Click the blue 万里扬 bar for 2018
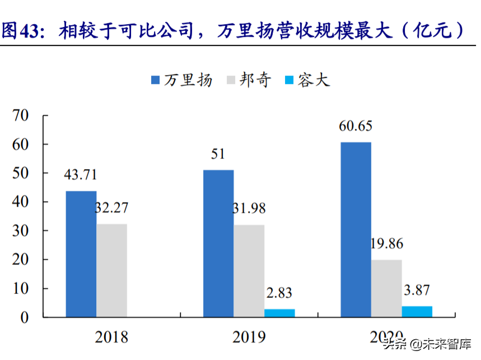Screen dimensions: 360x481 point(81,254)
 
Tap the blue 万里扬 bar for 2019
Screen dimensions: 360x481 point(218,244)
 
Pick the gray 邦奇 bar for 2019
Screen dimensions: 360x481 point(249,271)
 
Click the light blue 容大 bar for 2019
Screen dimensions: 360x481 point(279,313)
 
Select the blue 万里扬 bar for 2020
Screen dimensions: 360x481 point(356,230)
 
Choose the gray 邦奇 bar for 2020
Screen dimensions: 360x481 point(386,288)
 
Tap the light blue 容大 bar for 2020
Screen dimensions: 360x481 point(417,311)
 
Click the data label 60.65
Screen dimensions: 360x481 point(356,125)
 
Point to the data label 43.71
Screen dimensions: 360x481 point(81,174)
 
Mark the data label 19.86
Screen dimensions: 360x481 point(386,244)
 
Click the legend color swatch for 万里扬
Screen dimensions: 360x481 point(156,80)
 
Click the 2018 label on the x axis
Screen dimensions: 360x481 point(111,337)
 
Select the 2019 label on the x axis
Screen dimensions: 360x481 point(249,337)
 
